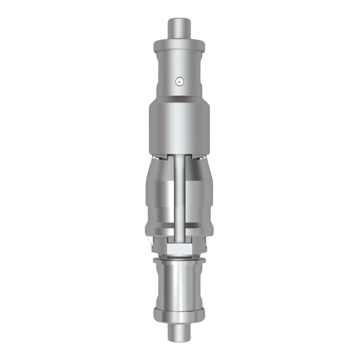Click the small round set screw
pos(179,80)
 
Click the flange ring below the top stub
pos(179,46)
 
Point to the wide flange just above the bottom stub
pos(179,315)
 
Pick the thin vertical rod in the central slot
pos(179,199)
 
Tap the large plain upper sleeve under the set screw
pos(179,125)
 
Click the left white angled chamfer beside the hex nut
pos(152,242)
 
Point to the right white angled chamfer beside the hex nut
pos(207,242)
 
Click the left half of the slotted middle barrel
pos(159,199)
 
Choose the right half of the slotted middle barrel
pos(199,199)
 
